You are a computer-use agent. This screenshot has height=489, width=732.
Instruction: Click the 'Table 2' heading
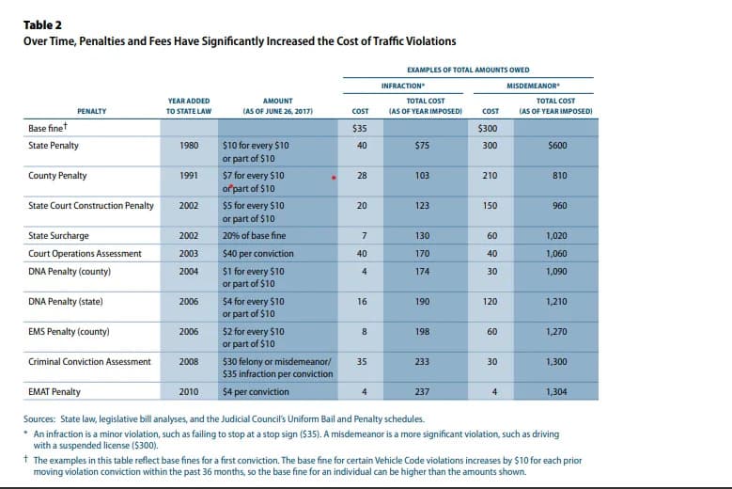[x=44, y=25]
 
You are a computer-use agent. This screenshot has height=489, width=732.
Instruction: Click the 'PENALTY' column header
[x=91, y=111]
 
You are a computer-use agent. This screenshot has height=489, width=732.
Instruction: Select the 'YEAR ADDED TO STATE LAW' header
[x=188, y=105]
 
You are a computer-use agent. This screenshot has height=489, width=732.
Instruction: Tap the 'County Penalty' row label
[x=58, y=176]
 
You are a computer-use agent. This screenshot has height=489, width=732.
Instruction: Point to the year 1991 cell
[x=188, y=176]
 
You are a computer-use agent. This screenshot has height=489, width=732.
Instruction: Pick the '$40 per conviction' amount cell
[x=258, y=253]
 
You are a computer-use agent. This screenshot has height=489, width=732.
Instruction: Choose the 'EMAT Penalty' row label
[x=55, y=391]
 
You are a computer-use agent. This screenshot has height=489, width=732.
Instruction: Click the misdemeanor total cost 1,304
[x=556, y=391]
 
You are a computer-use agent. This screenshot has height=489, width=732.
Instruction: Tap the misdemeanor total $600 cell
[x=556, y=146]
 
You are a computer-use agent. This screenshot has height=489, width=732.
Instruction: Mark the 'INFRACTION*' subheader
[x=401, y=86]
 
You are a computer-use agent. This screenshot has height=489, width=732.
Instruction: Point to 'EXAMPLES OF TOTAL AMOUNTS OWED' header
[x=467, y=69]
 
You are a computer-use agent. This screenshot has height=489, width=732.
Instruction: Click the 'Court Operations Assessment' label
[x=85, y=253]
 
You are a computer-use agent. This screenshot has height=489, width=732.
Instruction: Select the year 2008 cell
[x=188, y=361]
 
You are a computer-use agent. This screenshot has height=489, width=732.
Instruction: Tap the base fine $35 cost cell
[x=359, y=129]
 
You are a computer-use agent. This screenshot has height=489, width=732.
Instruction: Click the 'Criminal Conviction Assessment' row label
[x=89, y=361]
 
